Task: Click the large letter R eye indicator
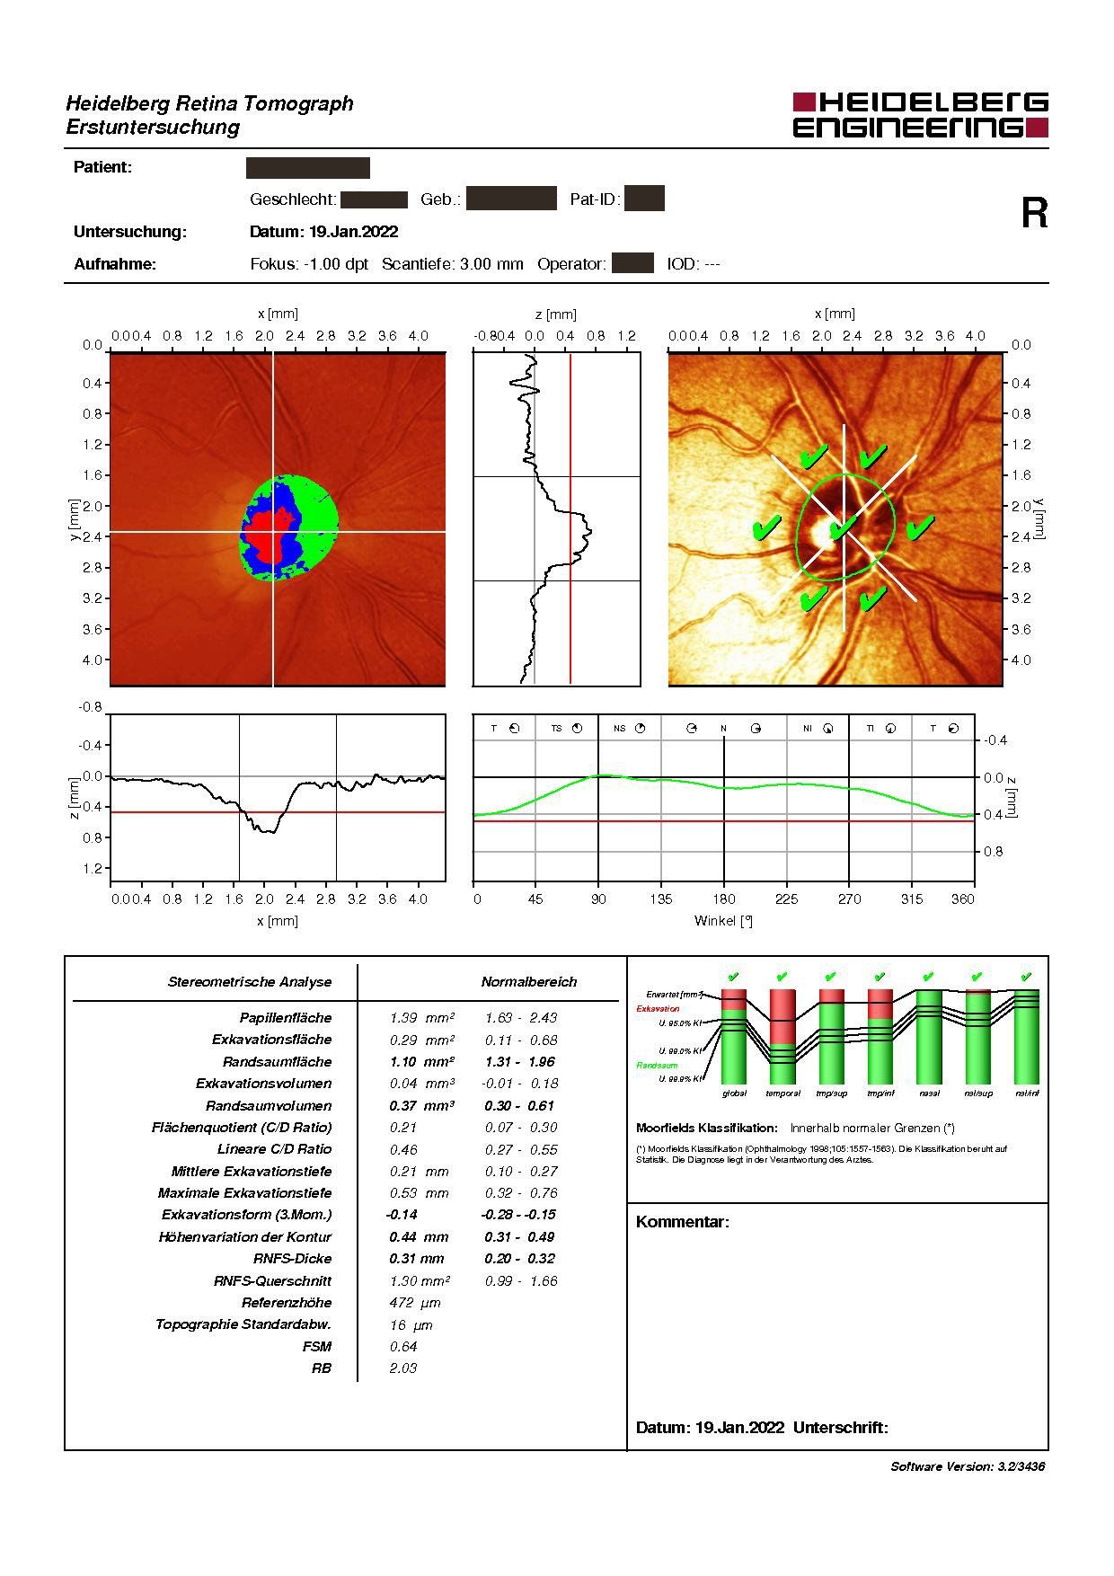pyautogui.click(x=1034, y=214)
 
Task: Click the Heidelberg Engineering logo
pyautogui.click(x=920, y=115)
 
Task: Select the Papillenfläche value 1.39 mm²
pyautogui.click(x=421, y=1018)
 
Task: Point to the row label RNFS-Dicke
pyautogui.click(x=292, y=1259)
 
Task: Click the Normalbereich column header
pyautogui.click(x=528, y=982)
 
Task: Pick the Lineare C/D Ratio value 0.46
pyautogui.click(x=403, y=1150)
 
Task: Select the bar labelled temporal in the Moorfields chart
pyautogui.click(x=782, y=1038)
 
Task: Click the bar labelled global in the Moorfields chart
pyautogui.click(x=734, y=1038)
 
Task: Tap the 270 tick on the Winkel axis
pyautogui.click(x=849, y=899)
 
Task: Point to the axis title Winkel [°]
pyautogui.click(x=723, y=921)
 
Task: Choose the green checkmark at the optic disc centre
pyautogui.click(x=842, y=527)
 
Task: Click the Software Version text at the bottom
pyautogui.click(x=968, y=1466)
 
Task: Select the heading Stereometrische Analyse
pyautogui.click(x=250, y=982)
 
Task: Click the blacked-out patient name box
pyautogui.click(x=307, y=168)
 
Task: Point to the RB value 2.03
pyautogui.click(x=403, y=1368)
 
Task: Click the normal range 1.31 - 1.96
pyautogui.click(x=519, y=1062)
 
